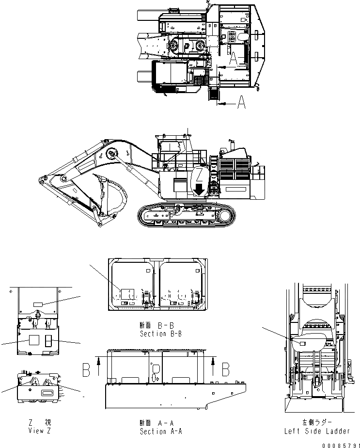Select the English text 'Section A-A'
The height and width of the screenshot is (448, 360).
click(x=160, y=431)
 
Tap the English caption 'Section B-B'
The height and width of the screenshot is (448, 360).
click(x=160, y=334)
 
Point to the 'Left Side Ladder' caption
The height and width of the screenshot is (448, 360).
click(x=318, y=431)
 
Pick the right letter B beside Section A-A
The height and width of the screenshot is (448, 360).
click(x=225, y=369)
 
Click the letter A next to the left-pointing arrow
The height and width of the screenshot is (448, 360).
click(x=243, y=103)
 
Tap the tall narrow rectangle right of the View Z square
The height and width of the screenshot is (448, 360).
click(x=48, y=341)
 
